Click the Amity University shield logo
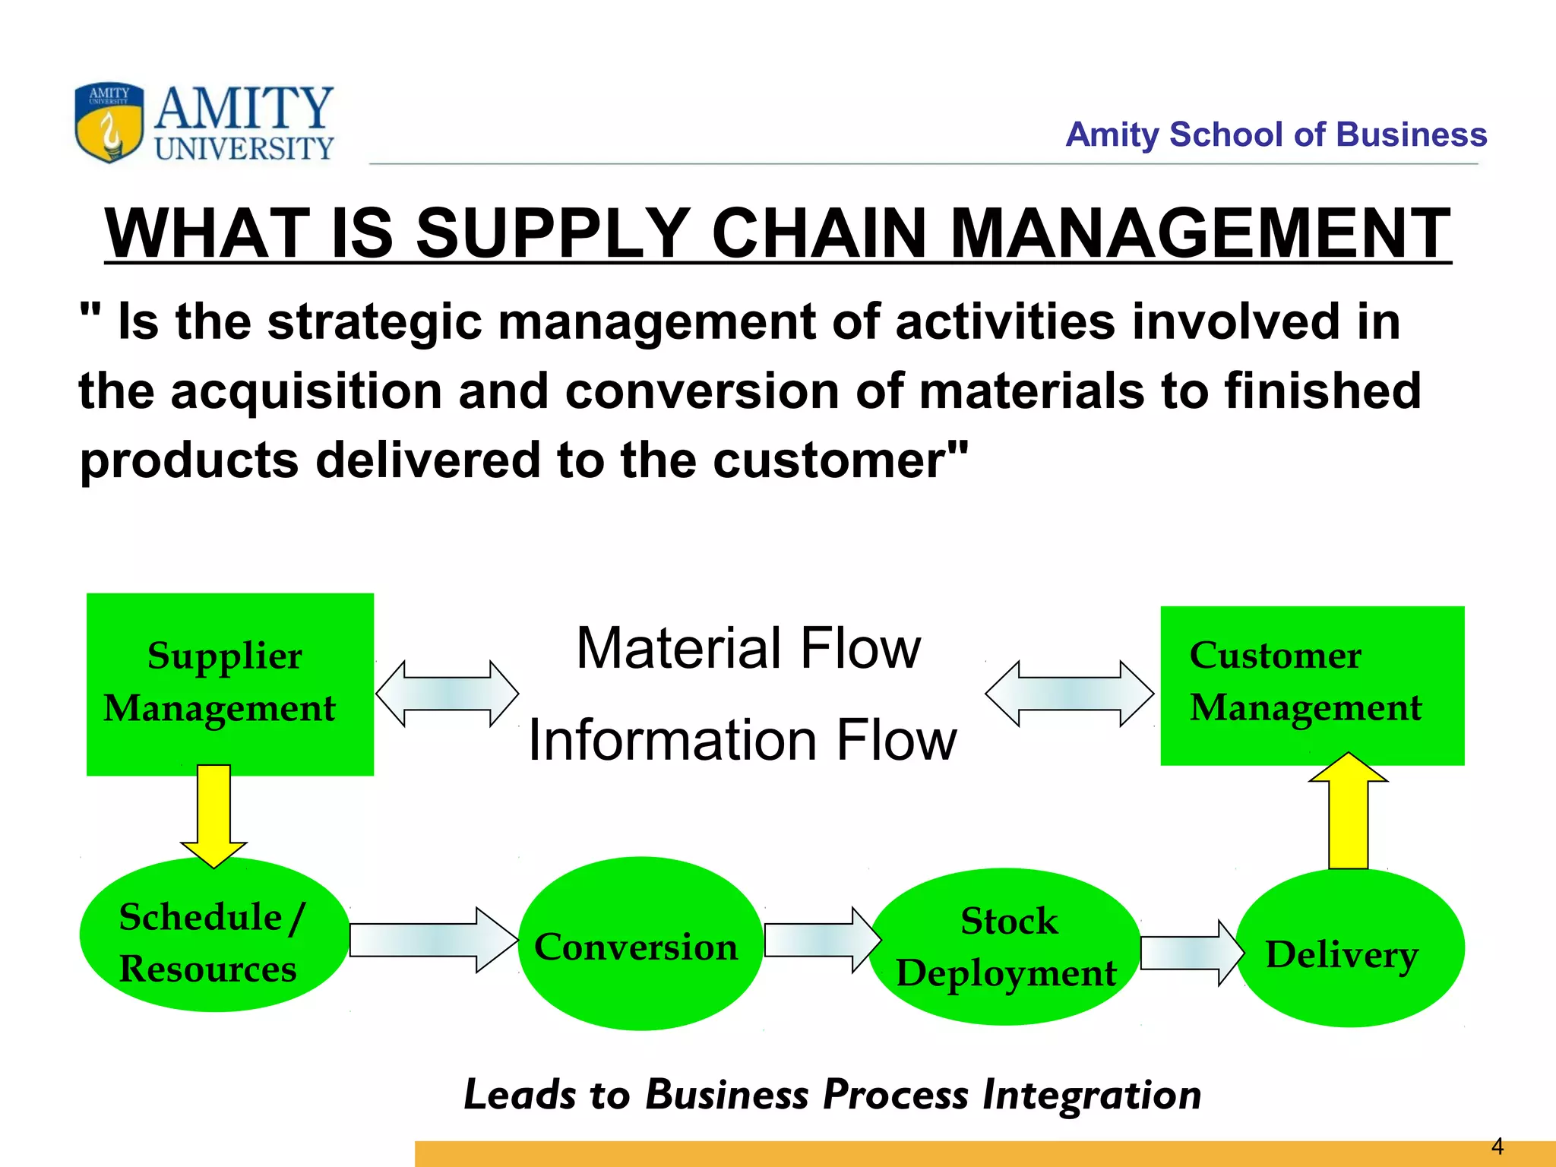109,122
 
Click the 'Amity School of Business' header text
1276,134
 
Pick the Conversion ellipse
640,944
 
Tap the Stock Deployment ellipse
1005,947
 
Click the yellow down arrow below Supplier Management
213,815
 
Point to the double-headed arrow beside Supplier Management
447,694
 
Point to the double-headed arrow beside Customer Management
1069,694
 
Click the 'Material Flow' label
748,649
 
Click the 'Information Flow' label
742,740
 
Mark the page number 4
1497,1146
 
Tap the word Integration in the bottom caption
1092,1095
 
